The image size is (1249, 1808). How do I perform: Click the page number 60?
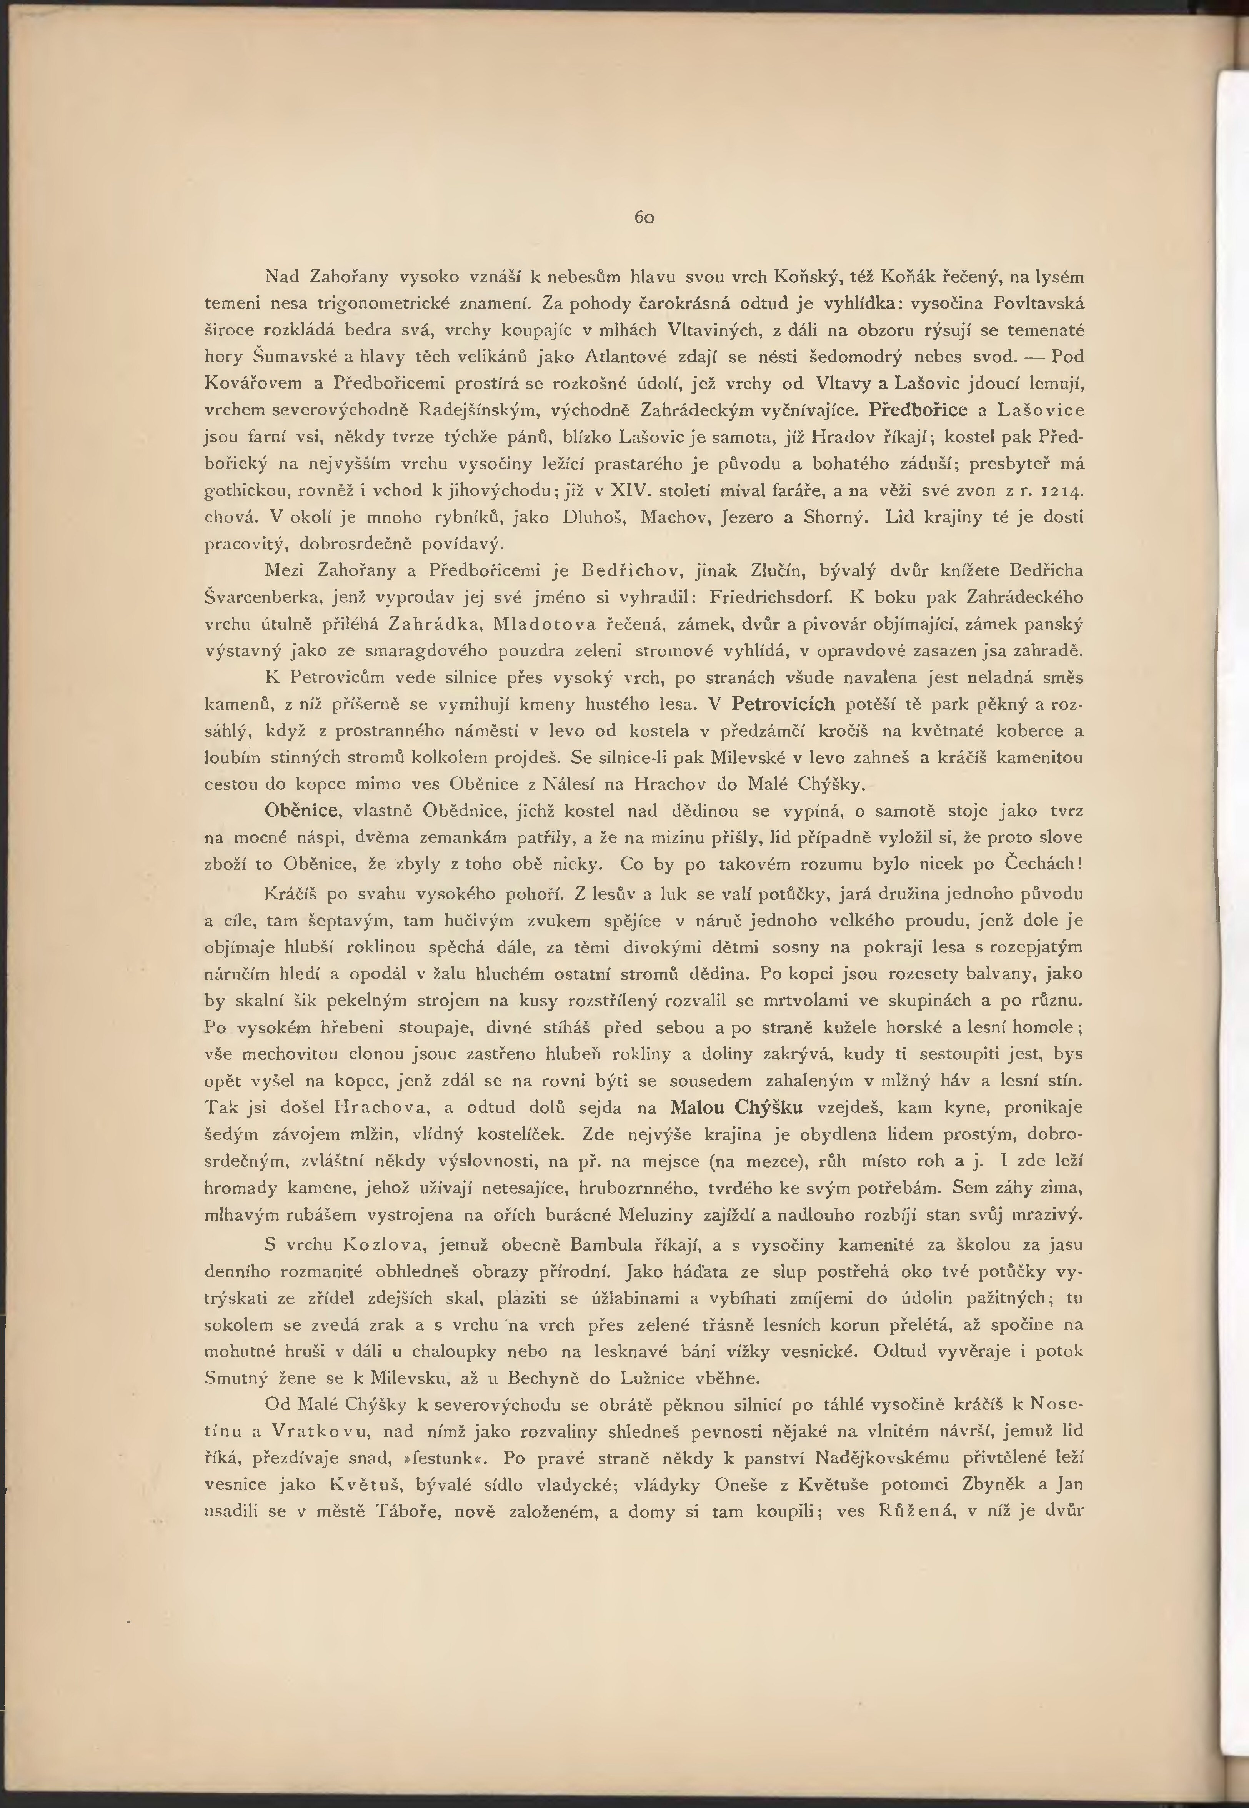[644, 218]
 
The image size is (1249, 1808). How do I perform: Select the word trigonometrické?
[376, 303]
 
